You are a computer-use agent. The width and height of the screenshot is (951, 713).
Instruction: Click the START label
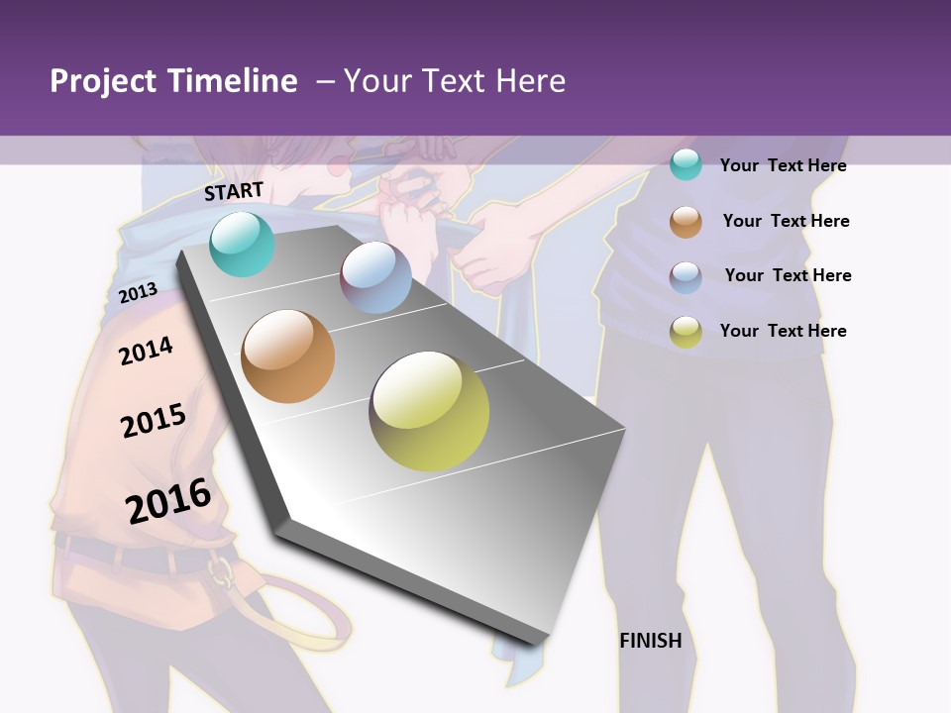234,191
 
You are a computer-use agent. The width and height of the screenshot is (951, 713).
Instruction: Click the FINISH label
650,641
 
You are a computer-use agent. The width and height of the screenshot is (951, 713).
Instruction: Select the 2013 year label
138,292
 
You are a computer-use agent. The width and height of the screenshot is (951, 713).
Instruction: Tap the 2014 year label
146,351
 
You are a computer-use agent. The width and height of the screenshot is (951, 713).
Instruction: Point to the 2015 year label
154,421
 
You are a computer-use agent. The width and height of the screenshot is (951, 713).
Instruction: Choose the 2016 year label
168,501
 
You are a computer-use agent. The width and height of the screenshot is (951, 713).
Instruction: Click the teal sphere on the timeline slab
243,244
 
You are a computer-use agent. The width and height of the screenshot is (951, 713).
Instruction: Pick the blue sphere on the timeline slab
375,277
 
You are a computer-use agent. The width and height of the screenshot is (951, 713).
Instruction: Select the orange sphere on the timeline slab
288,356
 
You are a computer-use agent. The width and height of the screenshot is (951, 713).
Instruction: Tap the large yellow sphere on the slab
429,411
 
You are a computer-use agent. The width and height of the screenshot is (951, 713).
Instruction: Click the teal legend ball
686,164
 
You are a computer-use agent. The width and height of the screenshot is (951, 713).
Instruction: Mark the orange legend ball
686,222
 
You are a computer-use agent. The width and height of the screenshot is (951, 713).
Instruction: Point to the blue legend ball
686,277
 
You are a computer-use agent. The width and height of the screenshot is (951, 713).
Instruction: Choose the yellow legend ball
686,332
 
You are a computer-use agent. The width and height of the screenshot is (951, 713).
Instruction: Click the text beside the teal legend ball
783,165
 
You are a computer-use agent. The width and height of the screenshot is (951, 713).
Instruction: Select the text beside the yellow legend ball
783,331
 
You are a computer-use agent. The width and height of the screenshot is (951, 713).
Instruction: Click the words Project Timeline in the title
173,81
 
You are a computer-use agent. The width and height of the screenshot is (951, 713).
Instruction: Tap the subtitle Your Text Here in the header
454,81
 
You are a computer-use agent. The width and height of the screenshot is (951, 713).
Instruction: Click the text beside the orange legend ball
786,221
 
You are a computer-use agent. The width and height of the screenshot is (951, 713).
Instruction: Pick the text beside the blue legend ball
788,275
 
